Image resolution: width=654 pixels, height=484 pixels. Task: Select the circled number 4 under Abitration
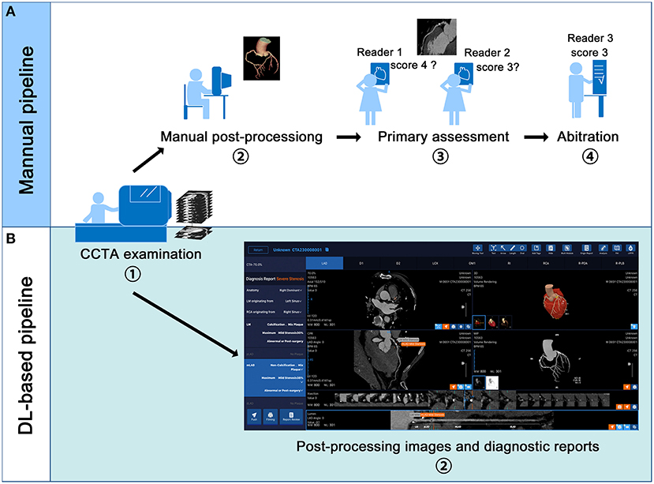point(585,157)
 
